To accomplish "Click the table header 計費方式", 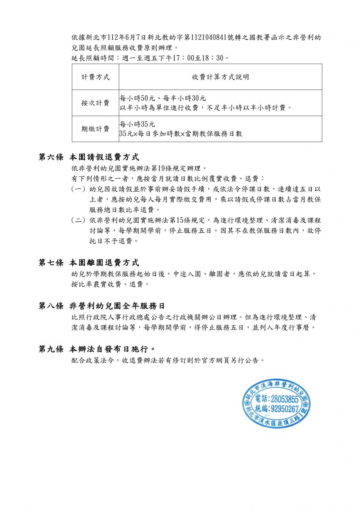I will (x=95, y=77).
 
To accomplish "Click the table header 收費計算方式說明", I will (x=220, y=77).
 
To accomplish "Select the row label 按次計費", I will (x=95, y=103).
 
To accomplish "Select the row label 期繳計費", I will (x=95, y=129).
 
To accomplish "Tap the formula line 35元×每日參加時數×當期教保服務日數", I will (x=181, y=134).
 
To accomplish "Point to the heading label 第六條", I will (x=51, y=157).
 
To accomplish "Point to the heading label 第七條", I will (x=51, y=263).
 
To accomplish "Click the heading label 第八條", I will (x=51, y=306).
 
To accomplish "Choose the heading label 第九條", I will (x=51, y=349).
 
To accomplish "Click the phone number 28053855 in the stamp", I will (x=283, y=400).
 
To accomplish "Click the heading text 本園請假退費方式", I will (x=104, y=157).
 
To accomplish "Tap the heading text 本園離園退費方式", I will (x=104, y=263).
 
